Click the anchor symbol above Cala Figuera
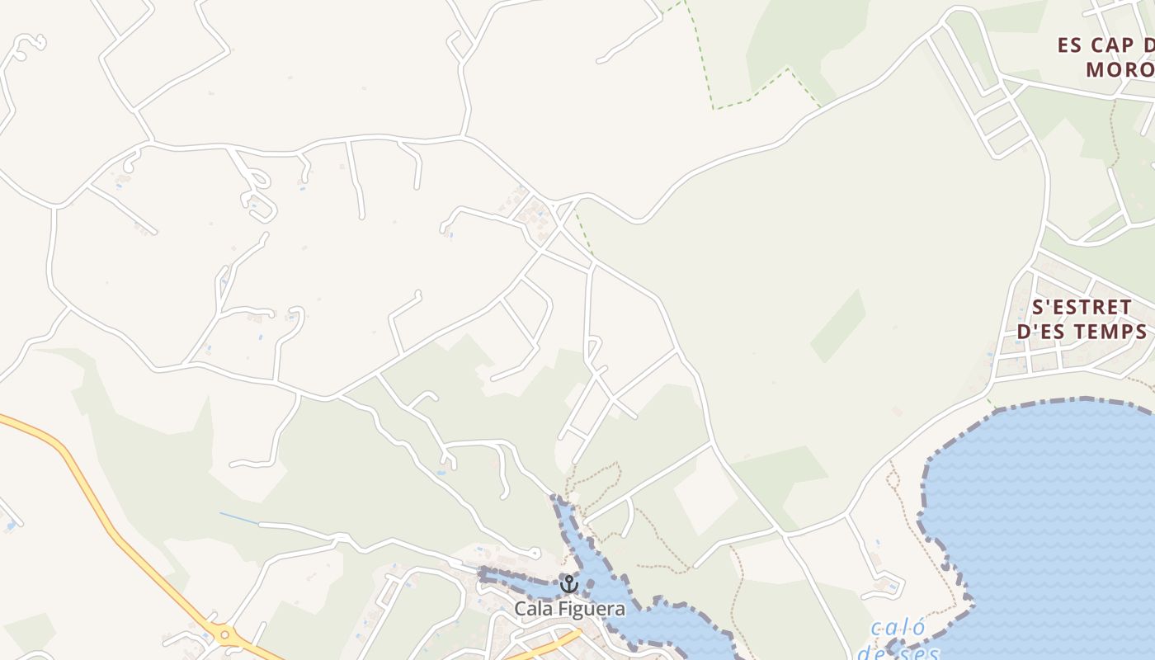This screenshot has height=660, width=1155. coord(568,584)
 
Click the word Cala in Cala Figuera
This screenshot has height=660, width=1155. coord(532,610)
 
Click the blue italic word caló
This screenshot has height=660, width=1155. coord(898,629)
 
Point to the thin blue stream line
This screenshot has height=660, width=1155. coord(239,518)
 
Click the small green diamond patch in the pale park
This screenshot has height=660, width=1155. coord(838,326)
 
